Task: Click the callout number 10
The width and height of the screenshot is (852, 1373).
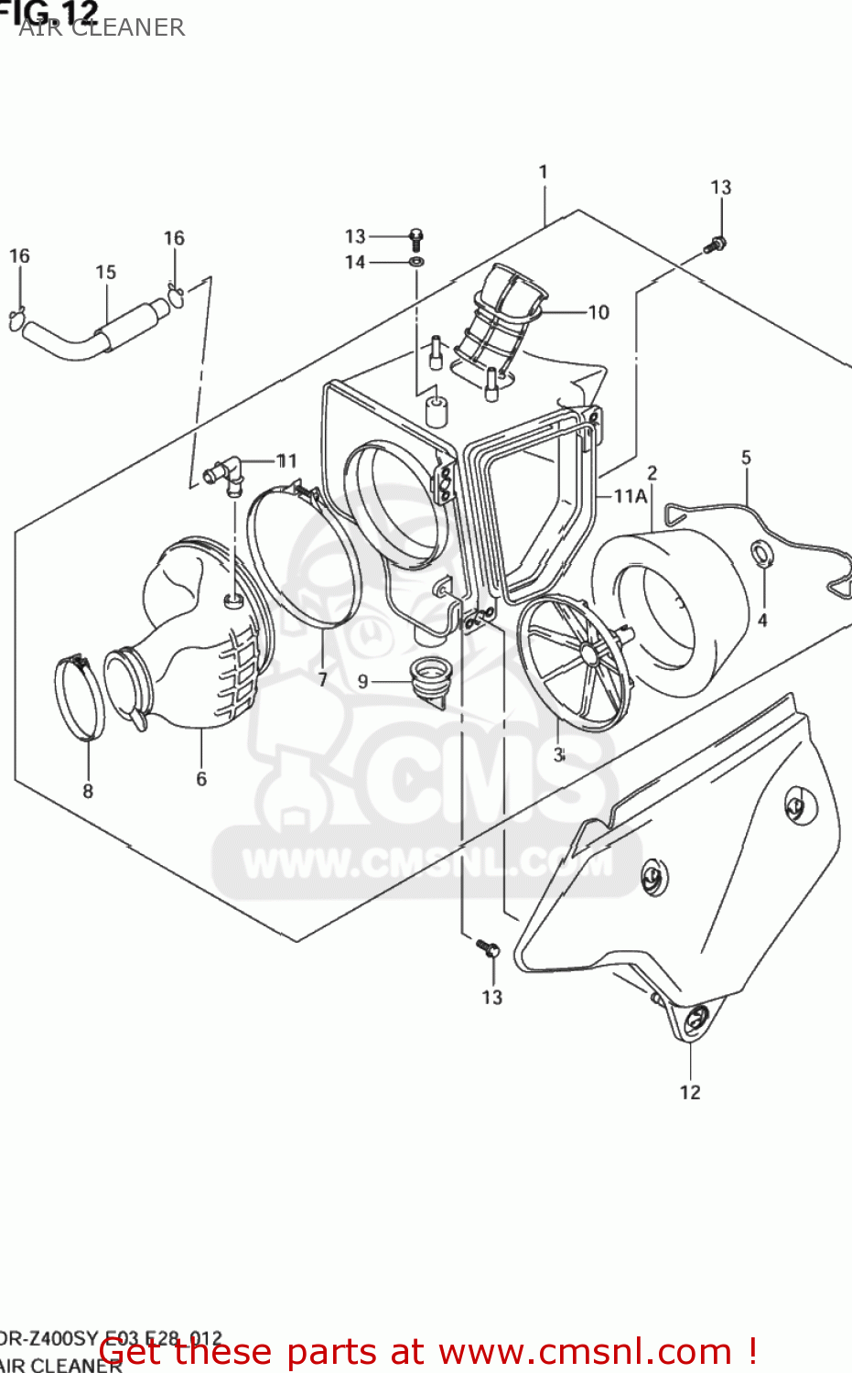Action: (598, 313)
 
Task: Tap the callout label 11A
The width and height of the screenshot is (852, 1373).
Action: (630, 496)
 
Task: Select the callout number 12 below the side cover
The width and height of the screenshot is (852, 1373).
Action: (690, 1092)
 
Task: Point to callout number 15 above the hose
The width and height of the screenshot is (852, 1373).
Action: (106, 273)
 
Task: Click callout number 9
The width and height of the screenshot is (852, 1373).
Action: (363, 682)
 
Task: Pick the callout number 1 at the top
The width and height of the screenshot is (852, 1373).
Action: (544, 172)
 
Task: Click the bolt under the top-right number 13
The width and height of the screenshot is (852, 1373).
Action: (716, 244)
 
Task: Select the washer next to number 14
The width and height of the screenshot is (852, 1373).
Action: (417, 263)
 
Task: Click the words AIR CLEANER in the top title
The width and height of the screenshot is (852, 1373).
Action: (102, 27)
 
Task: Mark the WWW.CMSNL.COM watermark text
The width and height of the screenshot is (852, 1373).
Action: (426, 863)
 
